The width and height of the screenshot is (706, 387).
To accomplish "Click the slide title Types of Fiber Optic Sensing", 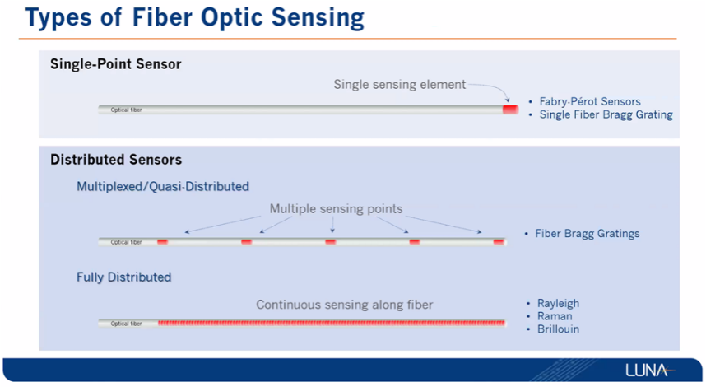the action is tap(194, 18).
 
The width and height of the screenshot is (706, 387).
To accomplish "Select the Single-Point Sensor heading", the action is tap(116, 64).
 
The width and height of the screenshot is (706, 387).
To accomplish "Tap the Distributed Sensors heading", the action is tap(116, 160).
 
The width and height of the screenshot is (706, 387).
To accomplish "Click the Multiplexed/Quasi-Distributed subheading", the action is tap(163, 187).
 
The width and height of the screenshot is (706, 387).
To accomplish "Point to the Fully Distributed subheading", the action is tap(123, 277).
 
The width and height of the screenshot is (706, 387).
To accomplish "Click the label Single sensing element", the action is tap(399, 85).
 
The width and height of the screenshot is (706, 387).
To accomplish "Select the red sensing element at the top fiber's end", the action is tap(511, 110).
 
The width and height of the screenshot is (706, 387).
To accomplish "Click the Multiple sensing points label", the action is tap(336, 209).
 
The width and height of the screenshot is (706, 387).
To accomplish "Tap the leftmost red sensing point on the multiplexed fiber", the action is tap(163, 242).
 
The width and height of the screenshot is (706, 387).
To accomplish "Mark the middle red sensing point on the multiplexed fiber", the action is tap(331, 242).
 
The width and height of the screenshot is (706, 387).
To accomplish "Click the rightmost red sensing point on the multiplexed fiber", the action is tap(499, 242).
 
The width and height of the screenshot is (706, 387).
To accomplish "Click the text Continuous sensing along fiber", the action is tap(345, 305).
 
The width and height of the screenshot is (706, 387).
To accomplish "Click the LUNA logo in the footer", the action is tap(649, 371).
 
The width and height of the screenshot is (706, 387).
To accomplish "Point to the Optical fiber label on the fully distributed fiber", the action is tap(126, 324).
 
